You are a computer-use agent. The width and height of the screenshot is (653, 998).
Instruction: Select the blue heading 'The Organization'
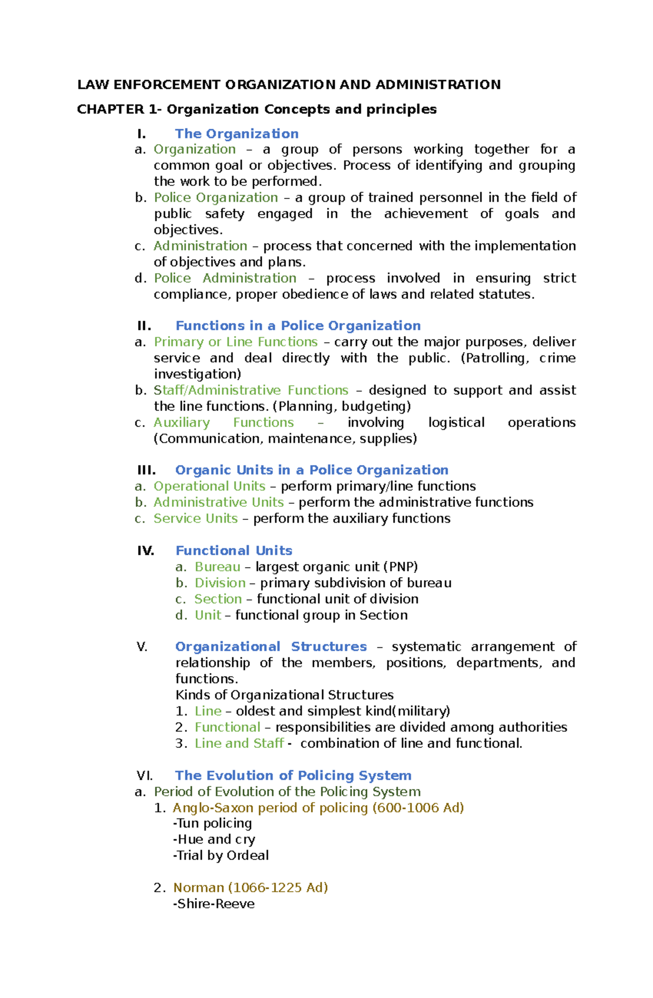237,134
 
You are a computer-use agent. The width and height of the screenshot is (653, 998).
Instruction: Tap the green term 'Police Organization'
215,197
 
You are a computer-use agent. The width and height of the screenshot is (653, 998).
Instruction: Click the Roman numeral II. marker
144,326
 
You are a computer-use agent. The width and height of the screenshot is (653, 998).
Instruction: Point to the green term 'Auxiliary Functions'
223,423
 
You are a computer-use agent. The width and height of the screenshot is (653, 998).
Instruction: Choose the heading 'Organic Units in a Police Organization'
312,470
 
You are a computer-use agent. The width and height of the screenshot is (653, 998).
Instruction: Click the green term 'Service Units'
195,518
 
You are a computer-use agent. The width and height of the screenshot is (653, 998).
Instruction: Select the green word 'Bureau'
217,567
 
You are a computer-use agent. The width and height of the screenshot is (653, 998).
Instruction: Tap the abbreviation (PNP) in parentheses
401,567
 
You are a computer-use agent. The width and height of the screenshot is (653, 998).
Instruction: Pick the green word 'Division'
220,583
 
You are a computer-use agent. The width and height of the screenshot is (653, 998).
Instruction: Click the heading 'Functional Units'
233,550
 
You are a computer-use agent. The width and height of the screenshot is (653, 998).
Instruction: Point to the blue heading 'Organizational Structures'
271,647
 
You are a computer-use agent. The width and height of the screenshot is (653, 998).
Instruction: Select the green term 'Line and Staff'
239,743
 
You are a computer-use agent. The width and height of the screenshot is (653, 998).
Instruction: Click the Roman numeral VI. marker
144,776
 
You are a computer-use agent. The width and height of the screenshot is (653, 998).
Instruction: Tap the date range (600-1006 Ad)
418,808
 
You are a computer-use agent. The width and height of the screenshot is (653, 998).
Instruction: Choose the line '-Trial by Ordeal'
220,856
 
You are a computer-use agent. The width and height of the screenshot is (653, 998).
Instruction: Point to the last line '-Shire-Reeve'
213,904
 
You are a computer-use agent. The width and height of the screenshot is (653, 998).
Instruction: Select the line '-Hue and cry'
213,840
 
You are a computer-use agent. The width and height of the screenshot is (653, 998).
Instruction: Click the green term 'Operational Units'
209,486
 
